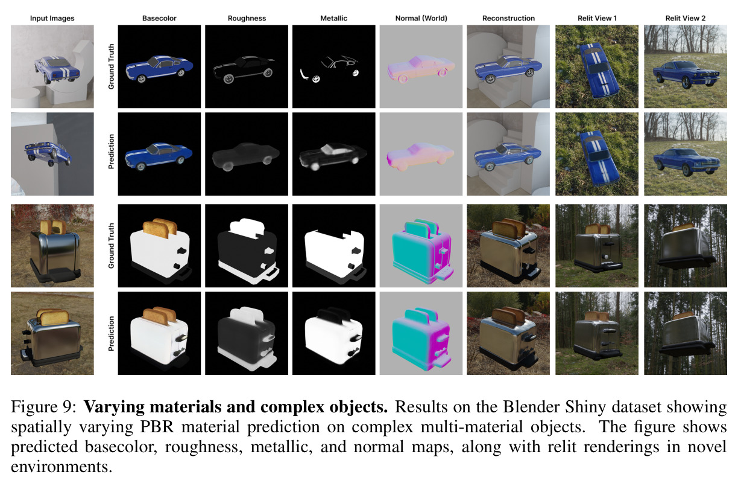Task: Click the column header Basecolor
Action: pos(159,18)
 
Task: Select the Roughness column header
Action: pos(247,18)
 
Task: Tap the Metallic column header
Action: pos(334,18)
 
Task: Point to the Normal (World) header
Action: pos(421,18)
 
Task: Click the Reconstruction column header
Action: pos(508,18)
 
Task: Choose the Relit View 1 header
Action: pos(597,18)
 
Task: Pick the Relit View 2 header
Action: pos(686,18)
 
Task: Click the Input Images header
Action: pos(52,18)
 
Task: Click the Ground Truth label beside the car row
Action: pos(112,66)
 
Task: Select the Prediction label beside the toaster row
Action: pos(112,333)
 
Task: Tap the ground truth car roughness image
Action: pos(247,66)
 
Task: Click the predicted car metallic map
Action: pos(334,154)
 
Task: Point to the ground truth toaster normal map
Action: pos(421,246)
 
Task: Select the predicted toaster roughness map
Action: pos(247,333)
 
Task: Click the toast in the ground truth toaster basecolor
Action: pos(160,227)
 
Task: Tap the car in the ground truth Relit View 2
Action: pos(686,74)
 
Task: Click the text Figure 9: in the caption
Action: pos(44,406)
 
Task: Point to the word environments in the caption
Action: pos(61,467)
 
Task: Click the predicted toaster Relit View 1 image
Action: pos(597,333)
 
